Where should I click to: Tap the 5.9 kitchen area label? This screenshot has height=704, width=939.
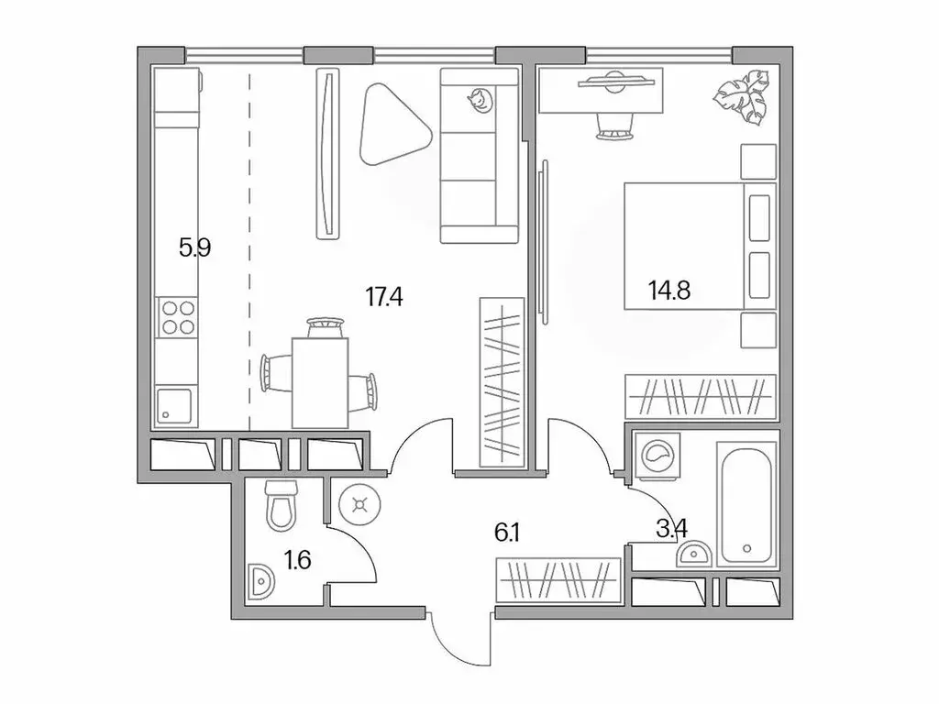pyautogui.click(x=195, y=247)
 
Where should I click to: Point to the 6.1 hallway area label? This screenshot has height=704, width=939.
pyautogui.click(x=508, y=532)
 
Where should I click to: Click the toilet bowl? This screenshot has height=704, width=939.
pyautogui.click(x=280, y=507)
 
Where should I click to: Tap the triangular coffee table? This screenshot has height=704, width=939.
pyautogui.click(x=392, y=125)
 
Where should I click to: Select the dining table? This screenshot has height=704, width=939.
pyautogui.click(x=320, y=381)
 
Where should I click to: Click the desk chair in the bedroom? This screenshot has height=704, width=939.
pyautogui.click(x=614, y=125)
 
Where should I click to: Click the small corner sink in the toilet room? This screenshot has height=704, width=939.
pyautogui.click(x=260, y=580)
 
